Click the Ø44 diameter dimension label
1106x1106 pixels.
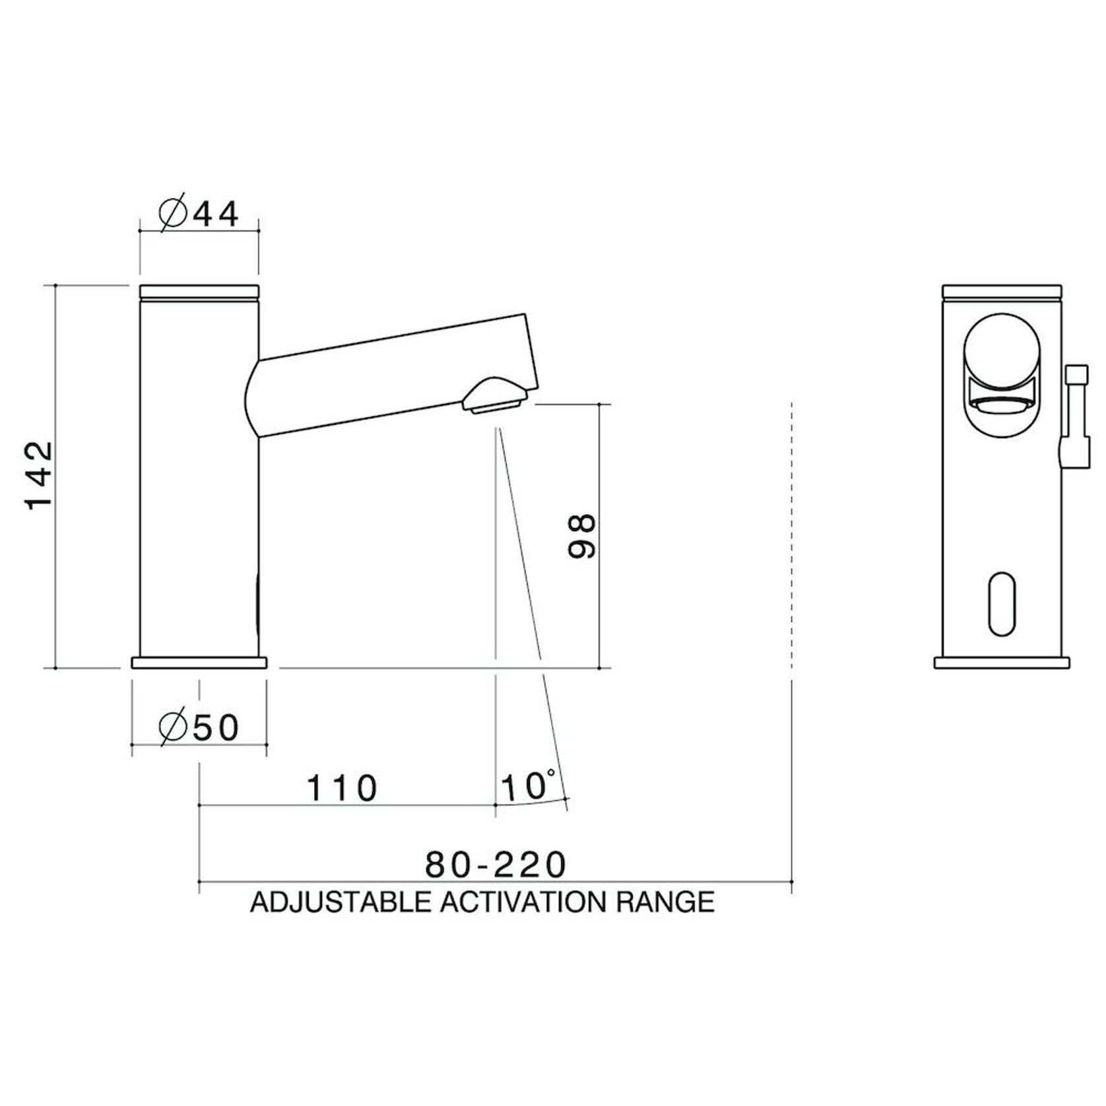[199, 214]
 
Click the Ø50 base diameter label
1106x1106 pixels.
[199, 728]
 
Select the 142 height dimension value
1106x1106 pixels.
[39, 475]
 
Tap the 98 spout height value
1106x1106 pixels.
[582, 537]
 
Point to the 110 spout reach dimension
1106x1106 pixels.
[342, 788]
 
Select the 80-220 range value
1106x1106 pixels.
[495, 864]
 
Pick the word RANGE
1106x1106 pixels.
[665, 901]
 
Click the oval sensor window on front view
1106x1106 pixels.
[1002, 604]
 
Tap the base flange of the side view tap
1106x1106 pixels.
[199, 663]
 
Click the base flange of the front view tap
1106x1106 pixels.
[1002, 663]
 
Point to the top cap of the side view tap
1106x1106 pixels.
[199, 291]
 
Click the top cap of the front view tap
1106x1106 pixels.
[1002, 291]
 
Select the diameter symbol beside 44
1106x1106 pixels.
[174, 214]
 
